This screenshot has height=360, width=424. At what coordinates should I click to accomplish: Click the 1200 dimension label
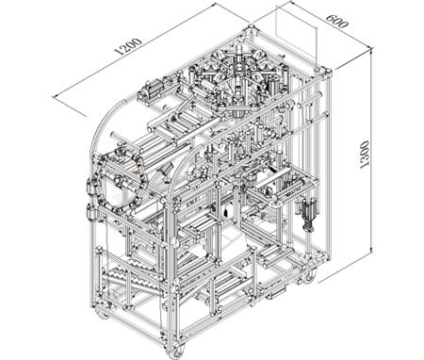coord(129,46)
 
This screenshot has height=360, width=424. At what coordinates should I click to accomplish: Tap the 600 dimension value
coord(336,21)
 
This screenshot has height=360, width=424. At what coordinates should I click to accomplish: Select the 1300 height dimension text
coord(365,155)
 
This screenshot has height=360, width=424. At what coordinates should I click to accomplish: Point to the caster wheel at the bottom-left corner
coord(102,314)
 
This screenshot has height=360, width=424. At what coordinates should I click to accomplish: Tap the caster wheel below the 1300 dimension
coord(309,276)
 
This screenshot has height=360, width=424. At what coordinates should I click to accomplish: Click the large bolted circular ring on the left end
coord(121,182)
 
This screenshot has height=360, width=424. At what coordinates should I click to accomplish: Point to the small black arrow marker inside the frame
coord(225,213)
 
